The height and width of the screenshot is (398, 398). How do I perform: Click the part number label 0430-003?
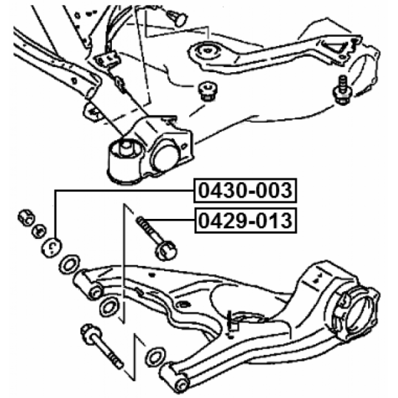point(245,191)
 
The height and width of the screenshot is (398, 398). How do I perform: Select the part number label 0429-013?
point(245,220)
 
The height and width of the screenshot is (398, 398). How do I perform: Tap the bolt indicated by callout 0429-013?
point(156,238)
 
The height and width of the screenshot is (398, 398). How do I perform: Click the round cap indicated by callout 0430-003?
point(52,247)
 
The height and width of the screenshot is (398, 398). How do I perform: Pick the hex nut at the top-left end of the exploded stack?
point(26,218)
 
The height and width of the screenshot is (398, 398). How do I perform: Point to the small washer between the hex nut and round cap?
point(39,231)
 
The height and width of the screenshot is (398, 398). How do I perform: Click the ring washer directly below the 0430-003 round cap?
point(69,265)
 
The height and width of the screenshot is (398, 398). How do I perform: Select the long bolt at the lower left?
point(101,346)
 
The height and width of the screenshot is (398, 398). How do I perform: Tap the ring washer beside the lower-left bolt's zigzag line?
point(155,357)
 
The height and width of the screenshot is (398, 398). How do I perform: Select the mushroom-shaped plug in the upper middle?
point(208,91)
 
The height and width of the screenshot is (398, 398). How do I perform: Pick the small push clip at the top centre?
point(178,17)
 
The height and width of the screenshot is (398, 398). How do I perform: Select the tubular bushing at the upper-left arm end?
point(88,285)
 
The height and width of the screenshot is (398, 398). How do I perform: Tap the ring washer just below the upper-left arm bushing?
point(109,307)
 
